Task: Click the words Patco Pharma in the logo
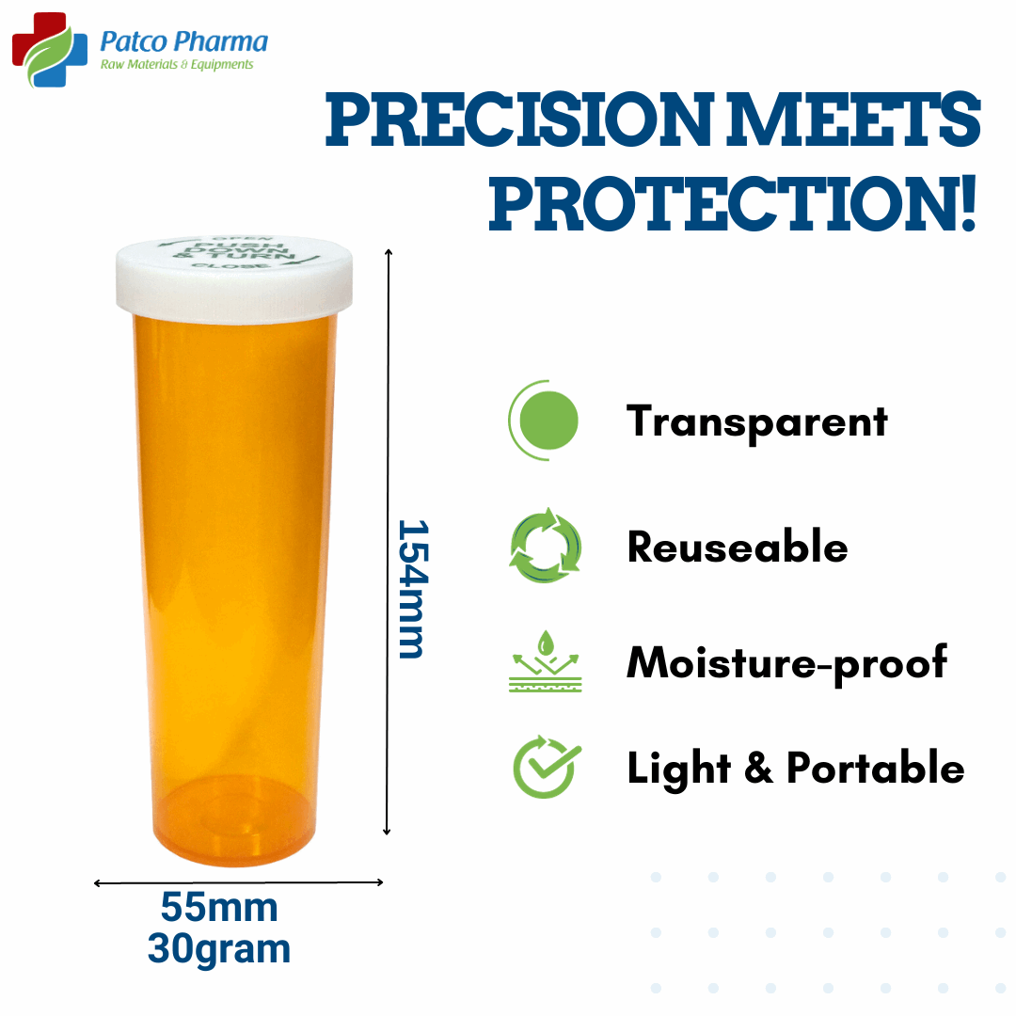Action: [x=183, y=42]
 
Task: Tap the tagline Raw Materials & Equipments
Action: [x=177, y=65]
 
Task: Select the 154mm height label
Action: [x=411, y=588]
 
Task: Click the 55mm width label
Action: [x=219, y=909]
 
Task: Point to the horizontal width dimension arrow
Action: [x=239, y=882]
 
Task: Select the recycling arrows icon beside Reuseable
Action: [x=546, y=547]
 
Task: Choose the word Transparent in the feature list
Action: [x=757, y=421]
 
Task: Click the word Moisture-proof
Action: [x=786, y=662]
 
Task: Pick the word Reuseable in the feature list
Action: [x=738, y=547]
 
